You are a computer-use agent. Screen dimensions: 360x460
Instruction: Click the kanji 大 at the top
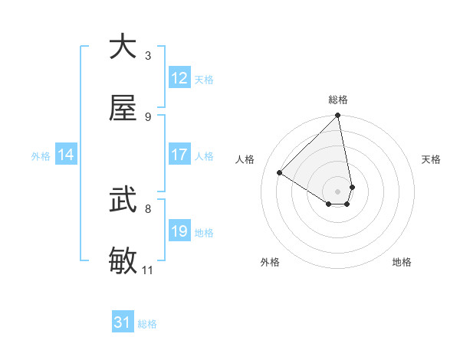click(123, 46)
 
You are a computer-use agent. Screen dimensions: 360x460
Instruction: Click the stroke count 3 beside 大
click(148, 55)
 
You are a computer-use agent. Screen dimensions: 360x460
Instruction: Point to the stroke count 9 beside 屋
click(148, 117)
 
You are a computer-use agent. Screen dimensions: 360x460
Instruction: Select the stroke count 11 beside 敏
click(147, 270)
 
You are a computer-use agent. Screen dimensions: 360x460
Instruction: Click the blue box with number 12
click(179, 78)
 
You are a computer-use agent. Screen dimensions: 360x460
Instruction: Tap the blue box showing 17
click(179, 155)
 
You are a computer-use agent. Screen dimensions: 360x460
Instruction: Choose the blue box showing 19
click(179, 231)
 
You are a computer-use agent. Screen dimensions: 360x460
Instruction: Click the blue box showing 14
click(66, 155)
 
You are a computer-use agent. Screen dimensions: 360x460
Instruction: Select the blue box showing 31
click(123, 322)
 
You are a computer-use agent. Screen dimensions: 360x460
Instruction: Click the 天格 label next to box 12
click(204, 79)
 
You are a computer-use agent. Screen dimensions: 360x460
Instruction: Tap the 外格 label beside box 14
click(41, 155)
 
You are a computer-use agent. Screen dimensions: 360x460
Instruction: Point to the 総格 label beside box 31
click(147, 323)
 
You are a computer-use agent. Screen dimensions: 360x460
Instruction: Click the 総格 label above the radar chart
click(338, 100)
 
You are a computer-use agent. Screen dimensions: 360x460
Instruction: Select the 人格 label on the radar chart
click(246, 159)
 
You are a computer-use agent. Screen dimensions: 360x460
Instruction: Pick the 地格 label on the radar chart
click(402, 262)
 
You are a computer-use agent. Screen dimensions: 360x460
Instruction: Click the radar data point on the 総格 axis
click(338, 116)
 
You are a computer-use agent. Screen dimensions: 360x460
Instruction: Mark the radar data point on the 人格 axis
click(280, 172)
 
